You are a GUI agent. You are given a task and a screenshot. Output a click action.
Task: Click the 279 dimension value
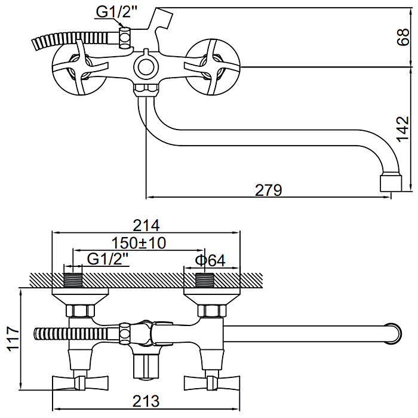click(x=268, y=190)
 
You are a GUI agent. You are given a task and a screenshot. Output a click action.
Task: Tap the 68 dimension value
click(x=404, y=38)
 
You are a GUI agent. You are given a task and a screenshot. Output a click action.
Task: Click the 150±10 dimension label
click(x=139, y=242)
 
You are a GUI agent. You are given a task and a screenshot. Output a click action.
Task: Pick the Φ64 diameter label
click(x=210, y=260)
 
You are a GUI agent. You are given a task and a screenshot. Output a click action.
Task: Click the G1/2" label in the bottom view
click(x=108, y=260)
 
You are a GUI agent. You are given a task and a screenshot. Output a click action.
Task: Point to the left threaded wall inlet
click(x=72, y=280)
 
